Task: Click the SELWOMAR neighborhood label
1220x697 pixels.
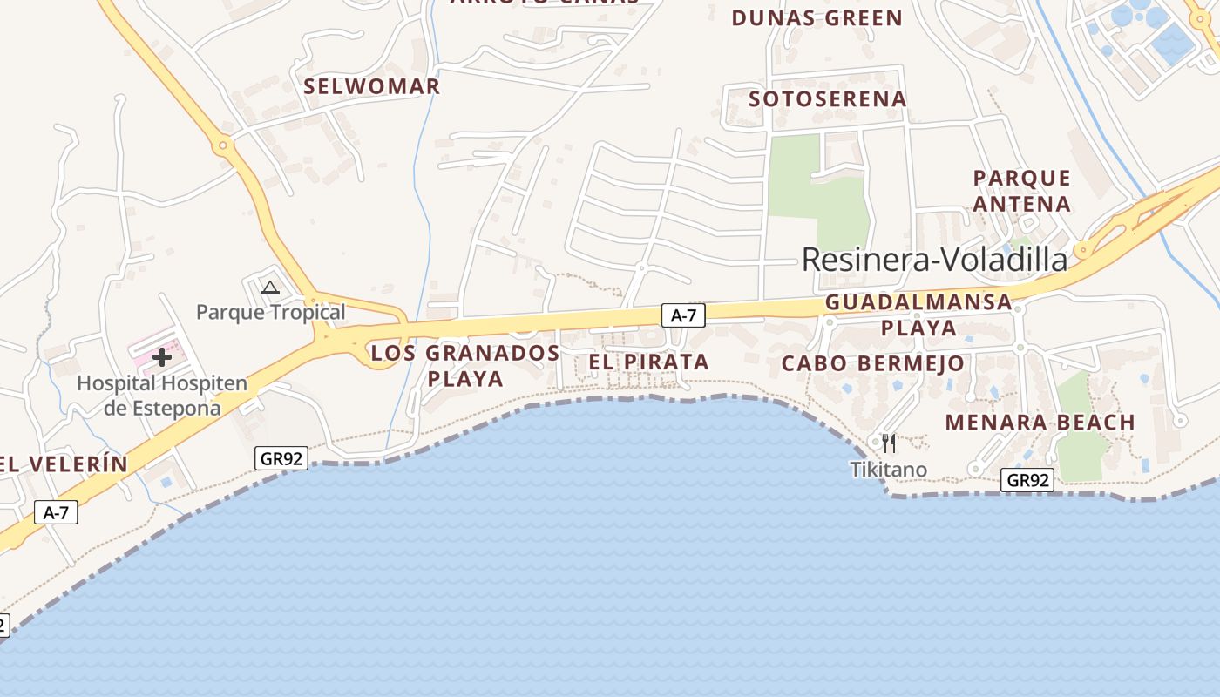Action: pyautogui.click(x=372, y=86)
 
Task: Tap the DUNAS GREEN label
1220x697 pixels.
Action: pyautogui.click(x=817, y=18)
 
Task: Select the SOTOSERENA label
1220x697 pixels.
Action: pyautogui.click(x=828, y=99)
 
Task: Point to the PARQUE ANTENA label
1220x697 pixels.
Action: pyautogui.click(x=1021, y=191)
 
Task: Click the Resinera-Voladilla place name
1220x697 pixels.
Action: pyautogui.click(x=934, y=260)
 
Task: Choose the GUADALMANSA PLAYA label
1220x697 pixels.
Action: pyautogui.click(x=918, y=315)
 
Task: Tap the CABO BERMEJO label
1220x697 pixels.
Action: pyautogui.click(x=873, y=363)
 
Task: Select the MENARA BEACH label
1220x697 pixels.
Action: pyautogui.click(x=1040, y=423)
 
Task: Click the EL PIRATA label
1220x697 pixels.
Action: pyautogui.click(x=648, y=362)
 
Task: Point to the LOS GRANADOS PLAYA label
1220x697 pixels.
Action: pyautogui.click(x=465, y=365)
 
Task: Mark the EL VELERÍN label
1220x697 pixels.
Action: pyautogui.click(x=64, y=464)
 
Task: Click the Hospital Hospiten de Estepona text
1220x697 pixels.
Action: pyautogui.click(x=162, y=396)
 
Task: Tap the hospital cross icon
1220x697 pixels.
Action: pyautogui.click(x=162, y=356)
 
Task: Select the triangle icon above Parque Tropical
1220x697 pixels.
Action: pyautogui.click(x=270, y=288)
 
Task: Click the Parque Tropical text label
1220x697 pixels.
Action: pyautogui.click(x=270, y=312)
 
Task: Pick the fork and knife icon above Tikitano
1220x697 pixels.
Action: pyautogui.click(x=888, y=443)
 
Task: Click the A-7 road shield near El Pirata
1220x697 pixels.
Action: pyautogui.click(x=683, y=315)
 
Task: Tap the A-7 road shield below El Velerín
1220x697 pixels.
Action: pyautogui.click(x=56, y=513)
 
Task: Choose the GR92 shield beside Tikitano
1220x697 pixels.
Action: pyautogui.click(x=1027, y=480)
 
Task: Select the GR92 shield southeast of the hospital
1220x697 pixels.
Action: pyautogui.click(x=281, y=458)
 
